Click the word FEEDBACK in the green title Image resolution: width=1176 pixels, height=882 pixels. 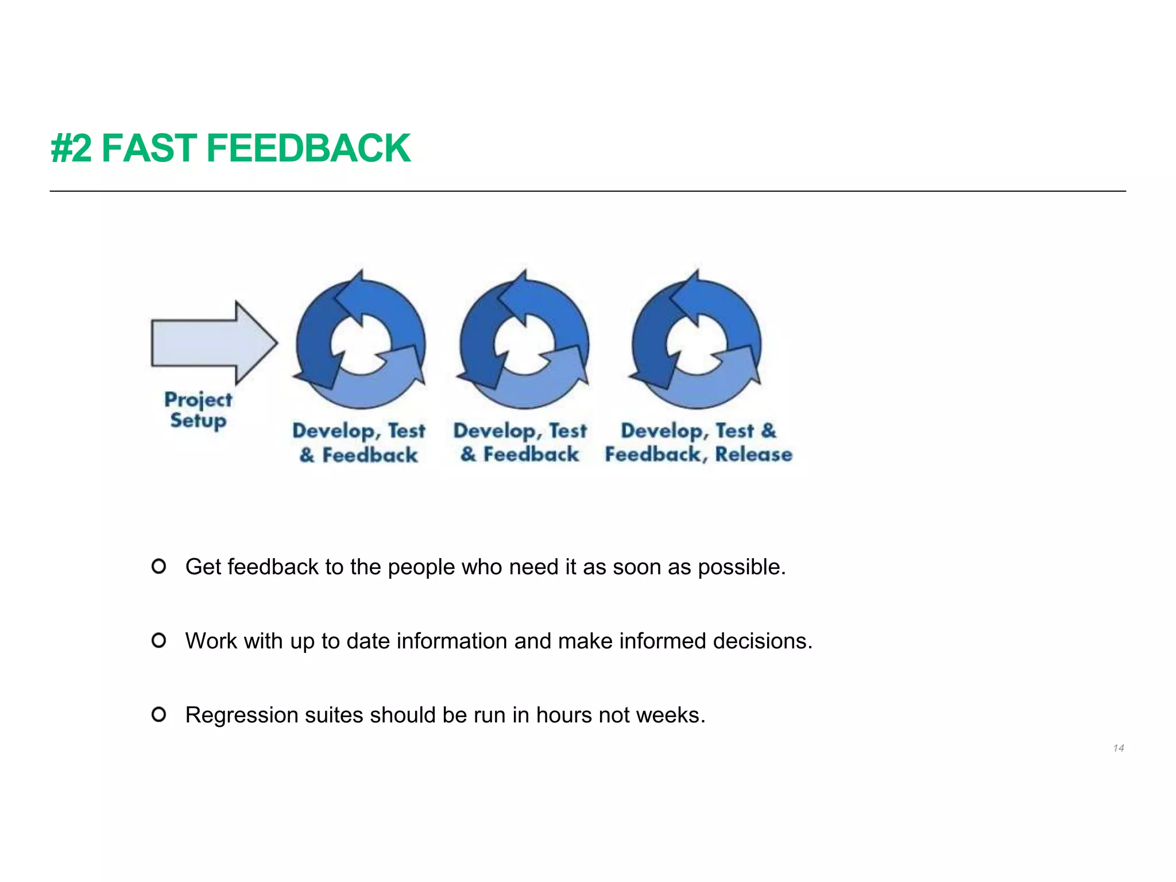click(x=308, y=148)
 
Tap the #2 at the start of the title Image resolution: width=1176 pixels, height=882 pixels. click(x=71, y=148)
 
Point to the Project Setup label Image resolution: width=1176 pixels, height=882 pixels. click(x=198, y=409)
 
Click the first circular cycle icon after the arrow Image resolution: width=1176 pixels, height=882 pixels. click(x=361, y=343)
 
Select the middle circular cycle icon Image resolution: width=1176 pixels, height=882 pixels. click(x=524, y=343)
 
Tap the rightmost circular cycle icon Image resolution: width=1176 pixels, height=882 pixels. click(x=696, y=343)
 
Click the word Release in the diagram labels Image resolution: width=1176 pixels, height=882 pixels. click(x=753, y=454)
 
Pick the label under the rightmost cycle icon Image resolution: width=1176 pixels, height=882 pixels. click(x=698, y=443)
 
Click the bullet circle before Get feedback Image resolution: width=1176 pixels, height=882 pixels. click(x=159, y=567)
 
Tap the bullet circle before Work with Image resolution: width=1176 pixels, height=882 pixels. click(x=159, y=640)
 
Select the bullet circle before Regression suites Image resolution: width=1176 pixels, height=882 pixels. click(x=159, y=714)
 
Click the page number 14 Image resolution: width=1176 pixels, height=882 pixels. click(x=1118, y=748)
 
